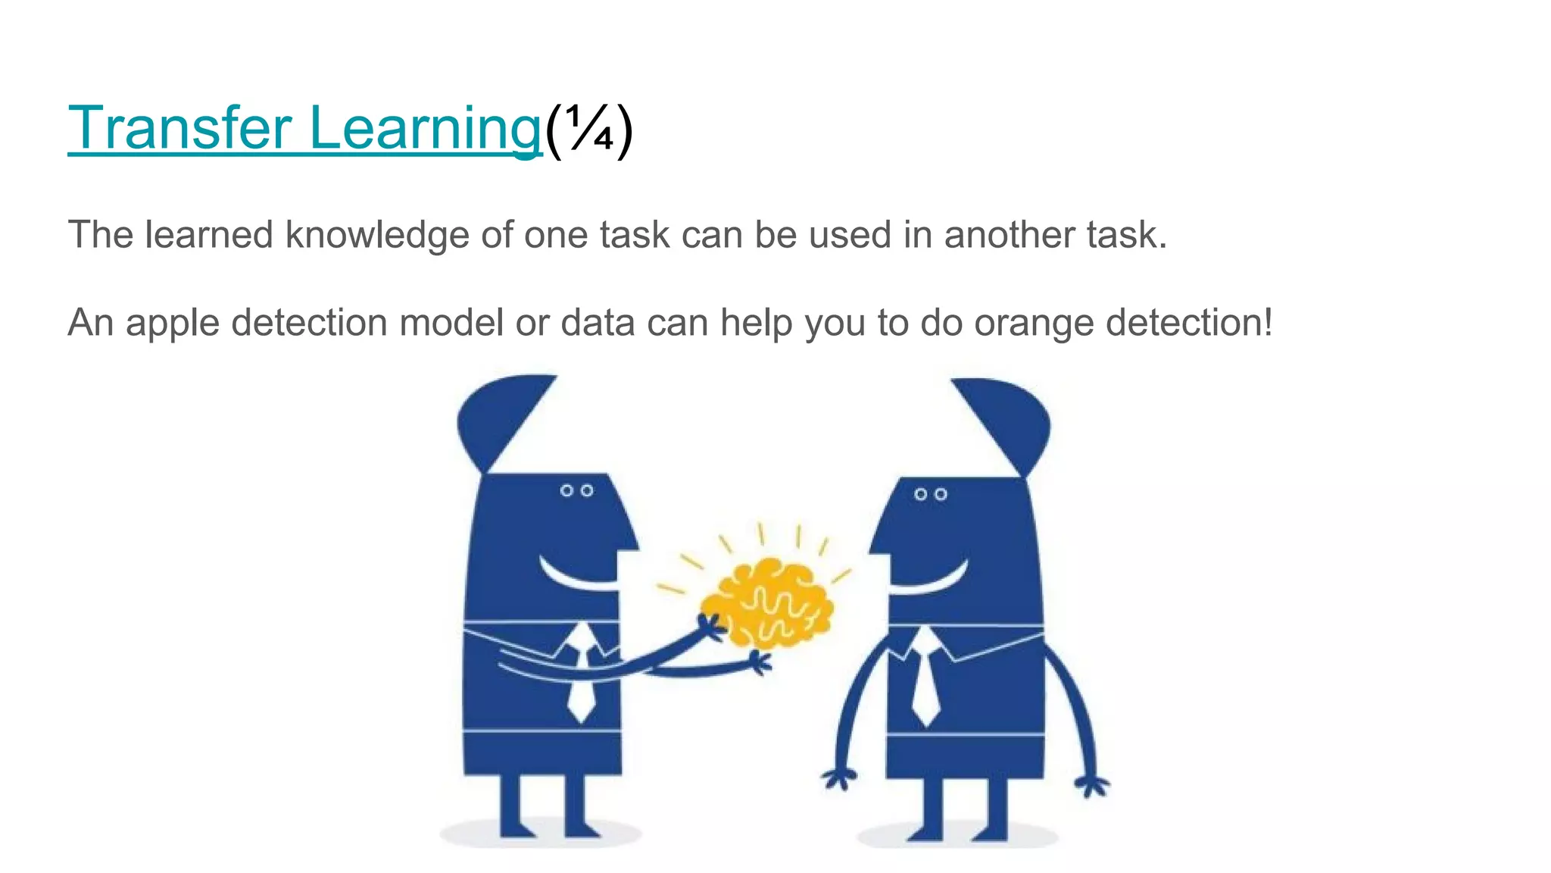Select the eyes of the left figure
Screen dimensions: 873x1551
point(576,491)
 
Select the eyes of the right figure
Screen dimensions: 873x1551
point(930,494)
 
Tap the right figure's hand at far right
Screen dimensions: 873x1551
point(1092,785)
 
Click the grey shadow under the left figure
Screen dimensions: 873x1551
point(541,836)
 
